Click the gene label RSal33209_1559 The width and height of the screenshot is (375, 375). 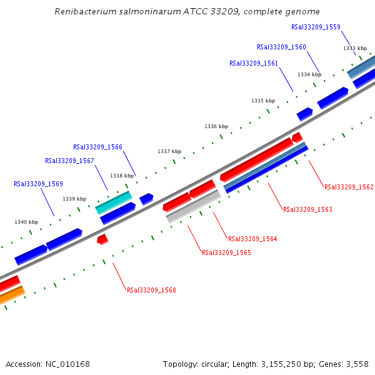[x=316, y=27]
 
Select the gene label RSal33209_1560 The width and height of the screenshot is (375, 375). [x=281, y=47]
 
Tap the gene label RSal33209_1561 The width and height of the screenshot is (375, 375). [x=253, y=63]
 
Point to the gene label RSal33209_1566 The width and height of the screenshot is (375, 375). [x=97, y=147]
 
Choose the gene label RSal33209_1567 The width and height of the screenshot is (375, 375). [x=69, y=161]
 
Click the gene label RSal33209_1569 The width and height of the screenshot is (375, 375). [x=38, y=184]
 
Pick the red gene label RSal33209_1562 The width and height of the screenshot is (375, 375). [x=349, y=187]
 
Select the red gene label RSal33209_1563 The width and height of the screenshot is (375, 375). [x=307, y=209]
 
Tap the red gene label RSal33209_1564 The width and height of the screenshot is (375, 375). [x=252, y=239]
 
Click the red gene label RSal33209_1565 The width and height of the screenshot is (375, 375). [x=226, y=252]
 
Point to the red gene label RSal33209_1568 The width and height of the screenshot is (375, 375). [x=151, y=290]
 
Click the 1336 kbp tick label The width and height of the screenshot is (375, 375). [x=216, y=126]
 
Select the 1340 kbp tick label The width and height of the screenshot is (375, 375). [x=26, y=222]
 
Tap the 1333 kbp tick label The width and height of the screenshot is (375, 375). [x=355, y=48]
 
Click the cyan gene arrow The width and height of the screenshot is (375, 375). [x=114, y=202]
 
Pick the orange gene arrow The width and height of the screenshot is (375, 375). [x=12, y=294]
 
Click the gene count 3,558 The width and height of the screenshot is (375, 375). [x=356, y=364]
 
